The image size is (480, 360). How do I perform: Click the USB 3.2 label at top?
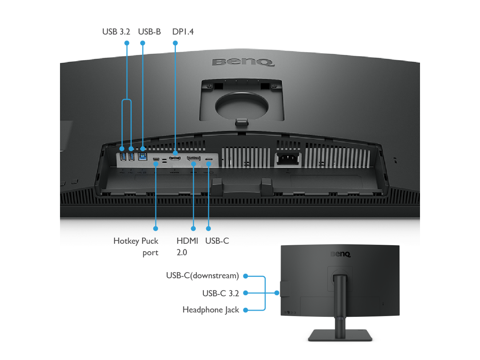click(x=116, y=32)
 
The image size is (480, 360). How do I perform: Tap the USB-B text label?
click(x=149, y=32)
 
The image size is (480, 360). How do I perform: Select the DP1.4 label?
click(x=183, y=32)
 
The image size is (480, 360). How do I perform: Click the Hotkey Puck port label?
click(x=136, y=246)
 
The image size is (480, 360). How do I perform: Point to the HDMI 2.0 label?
click(x=187, y=246)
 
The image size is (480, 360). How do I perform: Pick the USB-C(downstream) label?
click(x=202, y=276)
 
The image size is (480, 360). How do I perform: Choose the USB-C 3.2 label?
click(x=220, y=293)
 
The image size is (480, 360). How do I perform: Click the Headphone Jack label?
click(x=211, y=310)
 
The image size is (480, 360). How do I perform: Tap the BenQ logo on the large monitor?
click(x=243, y=62)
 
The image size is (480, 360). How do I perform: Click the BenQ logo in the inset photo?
click(x=340, y=254)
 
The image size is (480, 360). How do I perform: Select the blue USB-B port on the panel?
click(x=142, y=156)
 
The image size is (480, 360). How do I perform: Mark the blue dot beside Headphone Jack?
click(x=246, y=310)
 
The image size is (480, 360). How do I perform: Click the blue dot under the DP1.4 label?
click(x=175, y=43)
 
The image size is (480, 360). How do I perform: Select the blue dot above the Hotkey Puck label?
click(x=156, y=228)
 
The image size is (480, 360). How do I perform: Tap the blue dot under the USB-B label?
click(x=142, y=43)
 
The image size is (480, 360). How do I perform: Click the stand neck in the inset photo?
click(x=340, y=300)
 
